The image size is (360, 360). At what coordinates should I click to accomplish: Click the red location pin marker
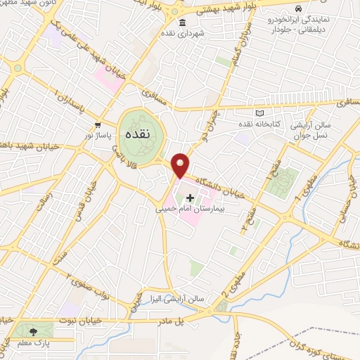(x=181, y=165)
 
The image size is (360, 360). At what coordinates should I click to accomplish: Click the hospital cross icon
(x=190, y=198)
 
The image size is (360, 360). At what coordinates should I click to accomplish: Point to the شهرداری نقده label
(x=181, y=33)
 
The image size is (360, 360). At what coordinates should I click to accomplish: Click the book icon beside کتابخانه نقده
(x=260, y=113)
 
